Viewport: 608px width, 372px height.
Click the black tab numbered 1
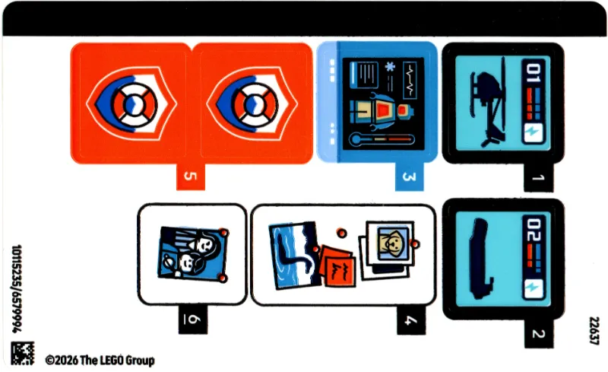538,177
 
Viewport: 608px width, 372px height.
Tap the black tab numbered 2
539,333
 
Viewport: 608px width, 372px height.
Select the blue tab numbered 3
410,176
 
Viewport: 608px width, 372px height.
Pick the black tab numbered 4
411,320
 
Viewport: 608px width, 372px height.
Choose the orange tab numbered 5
191,176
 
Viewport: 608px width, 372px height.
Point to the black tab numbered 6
193,320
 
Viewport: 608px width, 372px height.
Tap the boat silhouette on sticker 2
481,259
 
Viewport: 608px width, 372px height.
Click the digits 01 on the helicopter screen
533,74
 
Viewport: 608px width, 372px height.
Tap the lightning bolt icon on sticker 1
533,133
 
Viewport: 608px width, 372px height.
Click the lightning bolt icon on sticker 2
533,288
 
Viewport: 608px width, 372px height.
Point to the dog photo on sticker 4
392,243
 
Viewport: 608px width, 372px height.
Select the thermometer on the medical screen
382,138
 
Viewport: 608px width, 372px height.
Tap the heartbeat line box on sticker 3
410,80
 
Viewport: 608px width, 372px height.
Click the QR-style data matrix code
23,353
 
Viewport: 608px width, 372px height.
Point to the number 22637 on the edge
594,330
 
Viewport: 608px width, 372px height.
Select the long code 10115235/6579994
17,288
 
